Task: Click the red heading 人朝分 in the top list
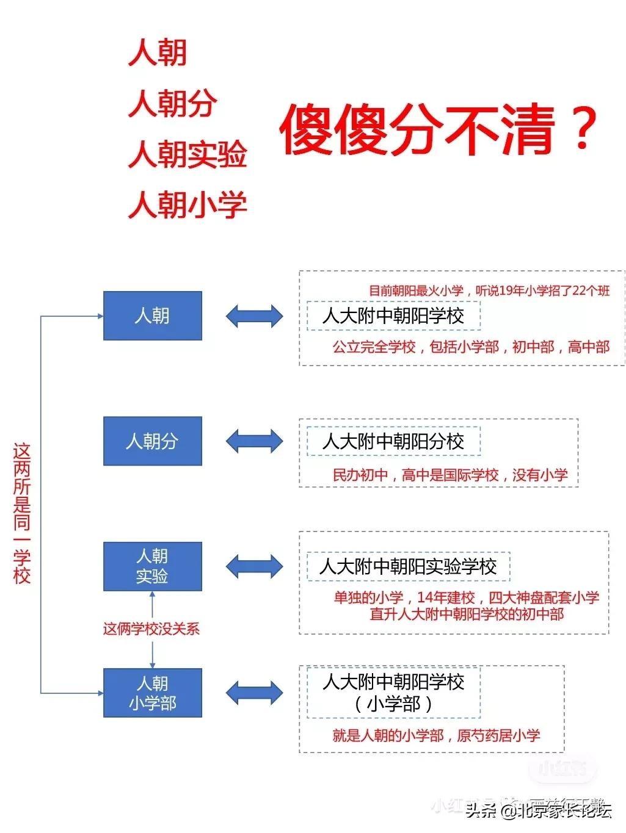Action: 172,103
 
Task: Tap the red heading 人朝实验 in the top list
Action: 187,154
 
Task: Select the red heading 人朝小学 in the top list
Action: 187,204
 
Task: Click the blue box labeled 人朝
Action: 153,316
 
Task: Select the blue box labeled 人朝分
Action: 153,441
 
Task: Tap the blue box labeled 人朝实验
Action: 153,566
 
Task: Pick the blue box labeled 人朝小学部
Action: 153,693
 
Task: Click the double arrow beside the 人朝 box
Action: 254,316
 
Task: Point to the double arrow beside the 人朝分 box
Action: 254,441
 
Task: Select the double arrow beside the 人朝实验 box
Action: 254,566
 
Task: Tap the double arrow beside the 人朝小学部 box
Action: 254,693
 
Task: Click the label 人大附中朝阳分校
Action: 393,441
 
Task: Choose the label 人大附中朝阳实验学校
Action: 408,566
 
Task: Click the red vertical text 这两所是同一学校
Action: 22,513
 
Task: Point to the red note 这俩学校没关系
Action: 151,629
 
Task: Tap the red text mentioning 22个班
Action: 489,291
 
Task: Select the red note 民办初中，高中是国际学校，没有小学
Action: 450,475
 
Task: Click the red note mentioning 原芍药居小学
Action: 436,735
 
